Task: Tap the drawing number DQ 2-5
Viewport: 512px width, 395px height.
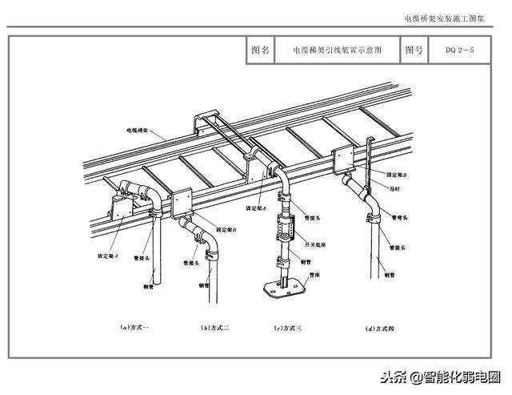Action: point(460,50)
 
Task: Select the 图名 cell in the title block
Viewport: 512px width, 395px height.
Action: point(260,50)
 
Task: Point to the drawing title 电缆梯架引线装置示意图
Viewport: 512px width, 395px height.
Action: point(337,50)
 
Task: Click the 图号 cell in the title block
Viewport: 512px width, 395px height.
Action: point(414,50)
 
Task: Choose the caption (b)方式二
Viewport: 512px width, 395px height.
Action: point(215,327)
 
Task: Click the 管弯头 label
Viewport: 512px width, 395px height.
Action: point(399,217)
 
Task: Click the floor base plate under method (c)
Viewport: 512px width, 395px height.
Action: point(285,285)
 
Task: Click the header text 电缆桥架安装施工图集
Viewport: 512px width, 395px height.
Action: point(452,18)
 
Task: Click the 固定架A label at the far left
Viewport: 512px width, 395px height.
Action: point(109,256)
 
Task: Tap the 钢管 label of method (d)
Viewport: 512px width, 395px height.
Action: point(390,274)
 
